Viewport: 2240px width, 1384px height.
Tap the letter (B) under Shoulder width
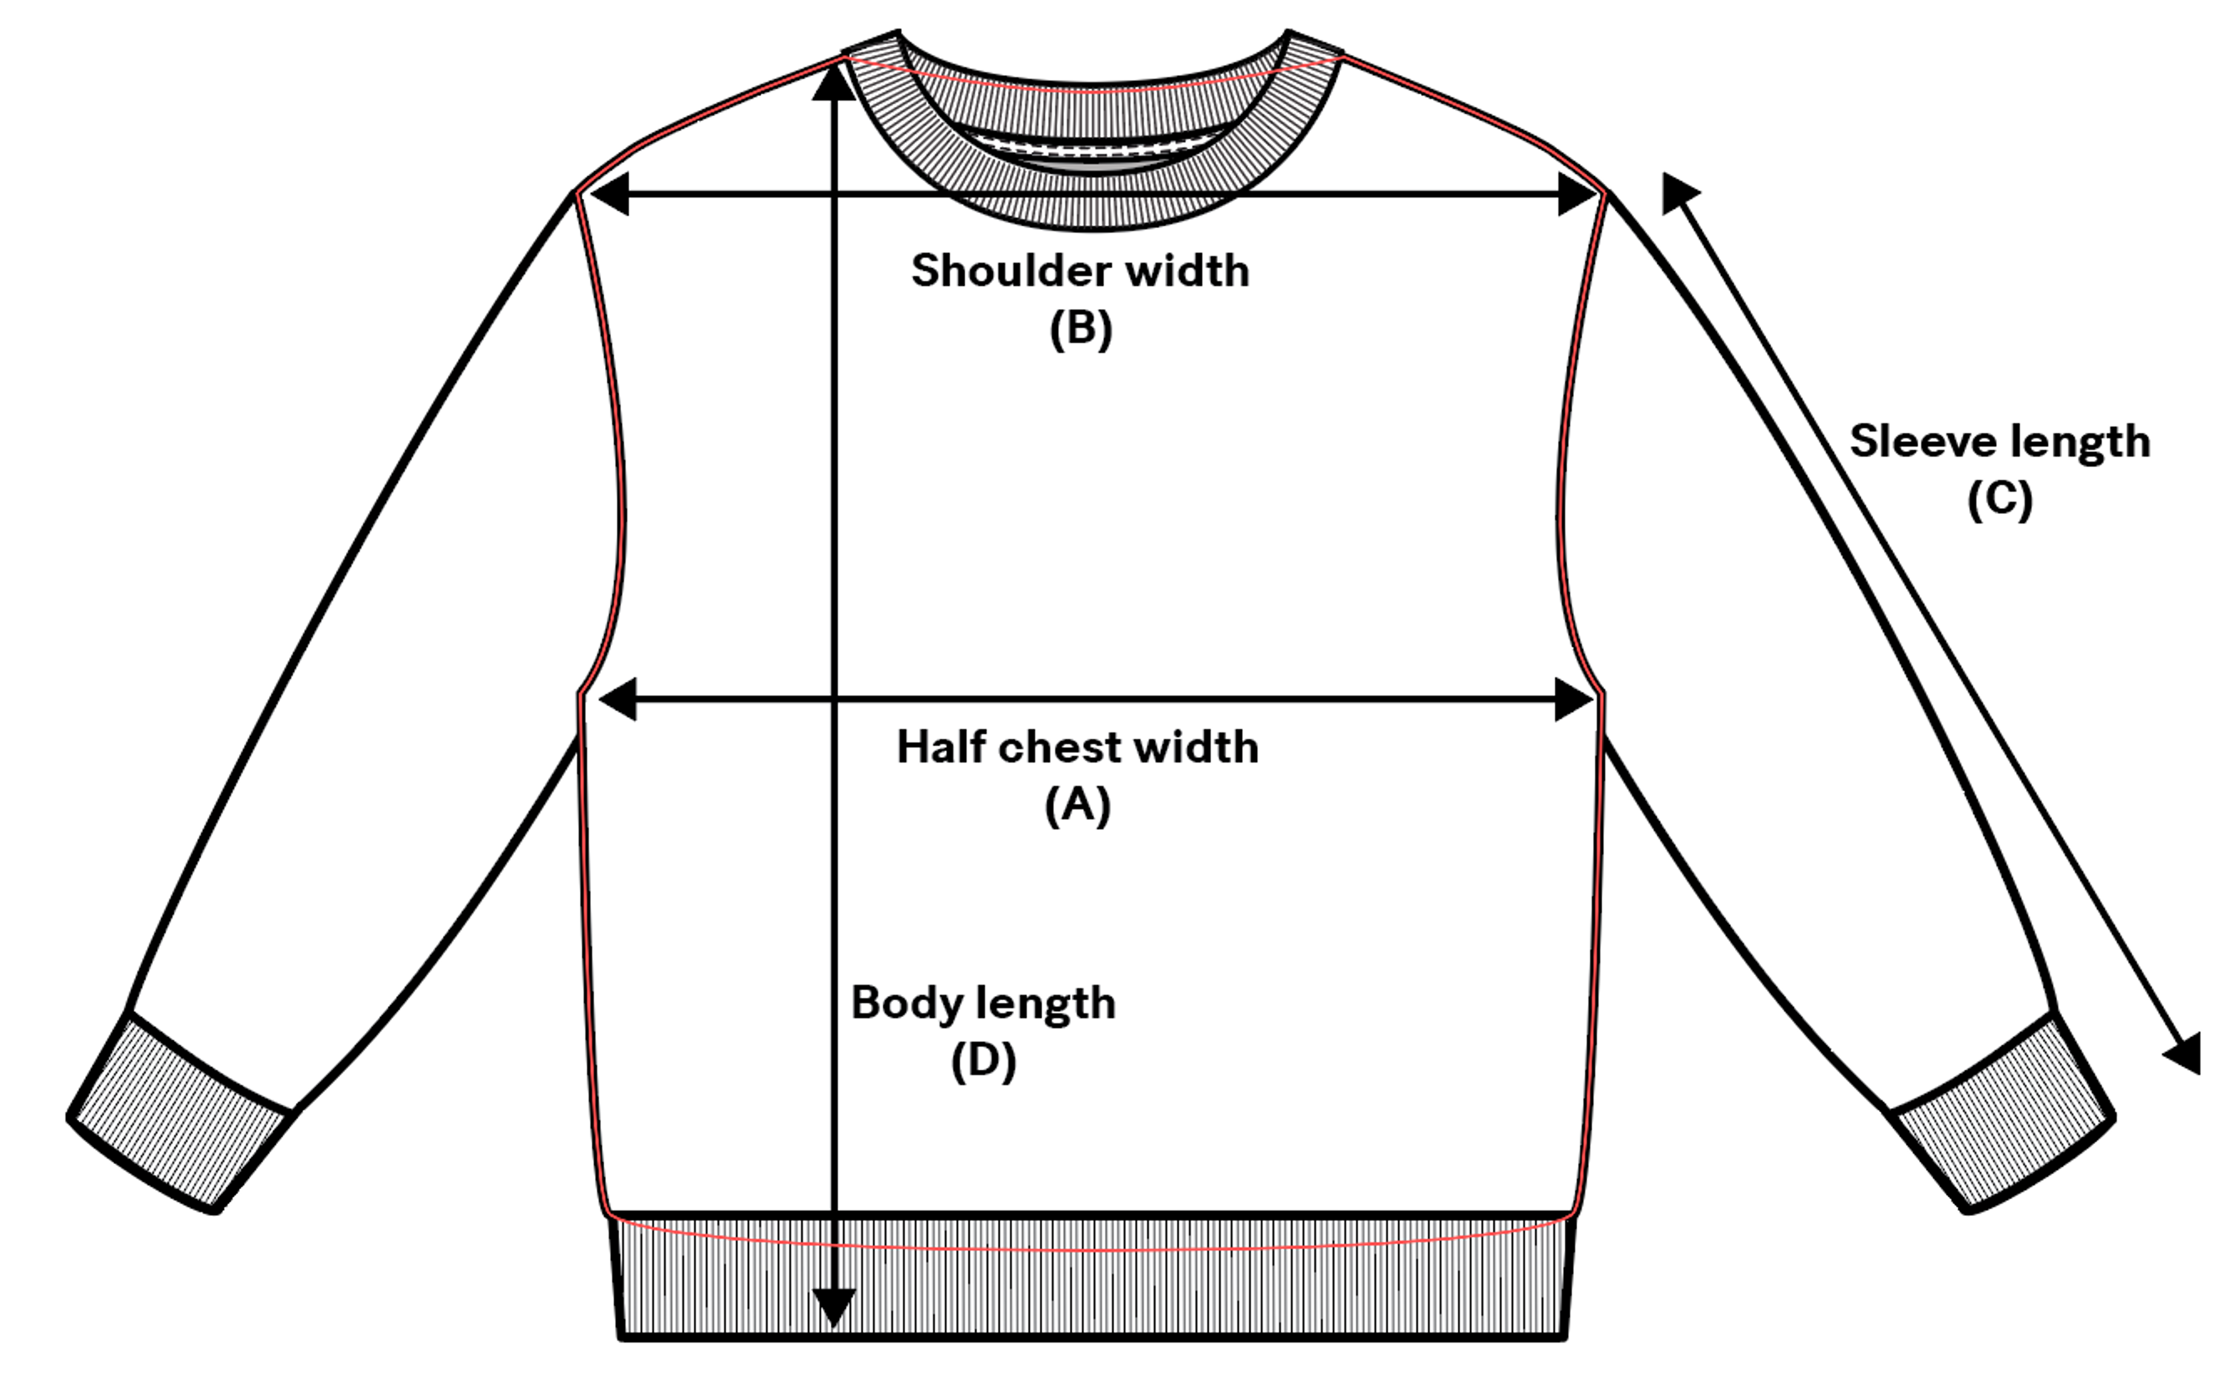(1080, 328)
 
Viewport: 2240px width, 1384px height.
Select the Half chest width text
(1077, 747)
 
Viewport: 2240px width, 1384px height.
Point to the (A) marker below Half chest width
(1077, 805)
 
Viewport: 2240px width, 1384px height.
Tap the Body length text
(983, 1003)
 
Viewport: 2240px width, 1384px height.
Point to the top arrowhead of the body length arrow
(833, 82)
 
